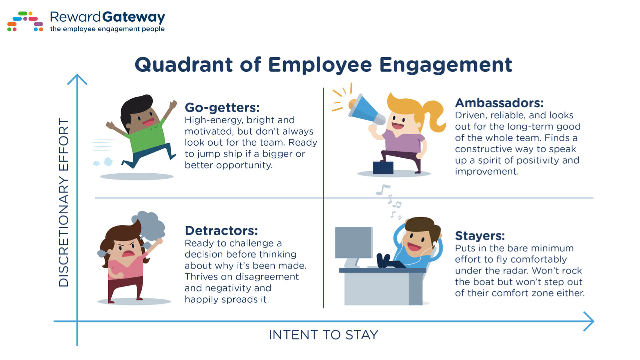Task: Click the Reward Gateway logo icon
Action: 25,21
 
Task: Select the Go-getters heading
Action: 222,108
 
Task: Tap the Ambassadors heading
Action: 499,103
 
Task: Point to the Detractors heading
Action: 221,231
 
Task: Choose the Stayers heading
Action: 480,236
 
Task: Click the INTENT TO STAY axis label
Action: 323,335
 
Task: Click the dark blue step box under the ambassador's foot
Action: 383,168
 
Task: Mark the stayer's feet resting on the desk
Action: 384,260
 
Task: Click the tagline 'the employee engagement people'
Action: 107,29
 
